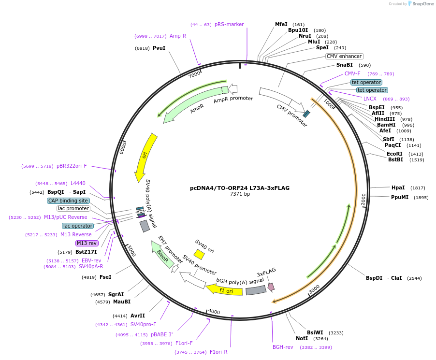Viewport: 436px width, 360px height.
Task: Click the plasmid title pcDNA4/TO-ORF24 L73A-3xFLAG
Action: [240, 188]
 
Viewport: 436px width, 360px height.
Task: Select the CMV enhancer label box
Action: [344, 56]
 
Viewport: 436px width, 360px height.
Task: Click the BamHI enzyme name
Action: [386, 125]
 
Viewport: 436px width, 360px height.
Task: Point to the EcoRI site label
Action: [394, 154]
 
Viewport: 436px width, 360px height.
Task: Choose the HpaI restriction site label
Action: [398, 187]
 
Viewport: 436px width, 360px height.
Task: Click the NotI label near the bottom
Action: [302, 338]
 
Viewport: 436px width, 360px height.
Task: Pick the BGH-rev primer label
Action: [283, 347]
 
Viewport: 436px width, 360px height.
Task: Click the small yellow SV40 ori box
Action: [199, 254]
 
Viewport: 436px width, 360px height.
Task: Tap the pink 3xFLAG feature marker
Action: [271, 287]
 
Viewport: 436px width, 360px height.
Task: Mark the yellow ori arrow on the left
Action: [145, 155]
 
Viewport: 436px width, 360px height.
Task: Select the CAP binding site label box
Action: [68, 201]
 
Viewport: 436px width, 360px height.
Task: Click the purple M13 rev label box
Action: [87, 243]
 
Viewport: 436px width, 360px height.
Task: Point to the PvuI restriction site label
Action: [159, 48]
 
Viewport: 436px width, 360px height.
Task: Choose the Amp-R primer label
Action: [178, 36]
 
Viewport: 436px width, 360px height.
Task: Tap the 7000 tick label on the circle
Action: [194, 75]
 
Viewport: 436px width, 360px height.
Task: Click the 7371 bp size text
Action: [240, 194]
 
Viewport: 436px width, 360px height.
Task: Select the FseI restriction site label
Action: [105, 277]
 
